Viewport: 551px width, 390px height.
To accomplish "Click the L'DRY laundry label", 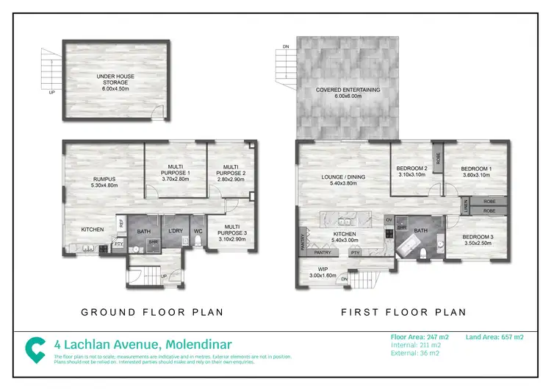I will coord(174,232).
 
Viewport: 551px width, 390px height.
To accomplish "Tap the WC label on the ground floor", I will coord(198,232).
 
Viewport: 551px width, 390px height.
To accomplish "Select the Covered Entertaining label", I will coord(347,90).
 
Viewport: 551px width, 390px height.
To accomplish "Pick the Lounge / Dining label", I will coord(344,177).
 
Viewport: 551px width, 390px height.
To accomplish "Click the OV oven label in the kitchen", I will coord(389,219).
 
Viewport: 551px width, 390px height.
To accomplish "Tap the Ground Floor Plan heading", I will coord(152,312).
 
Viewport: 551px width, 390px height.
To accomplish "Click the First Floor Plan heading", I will coord(404,312).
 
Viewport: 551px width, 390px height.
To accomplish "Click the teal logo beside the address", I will coord(35,349).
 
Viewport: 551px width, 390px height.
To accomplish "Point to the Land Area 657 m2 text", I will coord(494,337).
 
